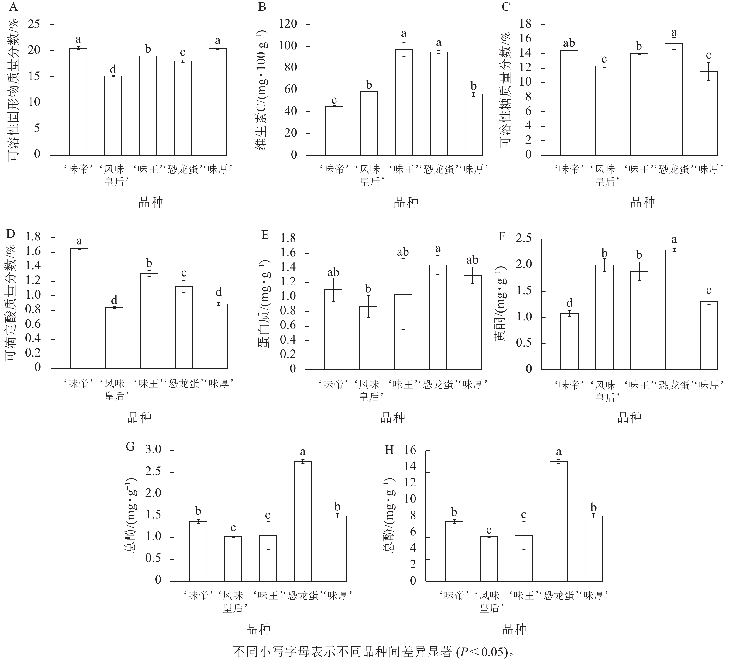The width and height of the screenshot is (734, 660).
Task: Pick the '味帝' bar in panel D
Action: [79, 308]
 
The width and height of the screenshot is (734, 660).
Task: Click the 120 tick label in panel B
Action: [288, 24]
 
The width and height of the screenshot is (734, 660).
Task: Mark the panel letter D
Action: [10, 234]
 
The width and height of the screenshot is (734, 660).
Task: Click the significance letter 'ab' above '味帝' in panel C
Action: [569, 43]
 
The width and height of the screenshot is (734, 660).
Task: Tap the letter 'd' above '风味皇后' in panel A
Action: [113, 69]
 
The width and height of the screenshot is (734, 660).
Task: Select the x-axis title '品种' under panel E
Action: [393, 418]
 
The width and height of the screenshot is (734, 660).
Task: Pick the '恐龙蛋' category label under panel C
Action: [674, 169]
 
